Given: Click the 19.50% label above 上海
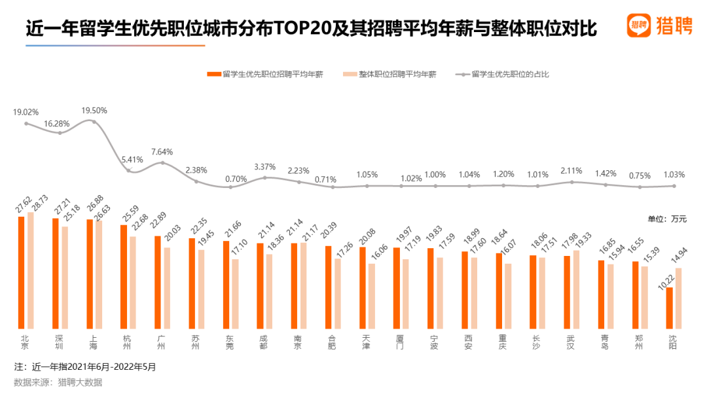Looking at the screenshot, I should click(x=94, y=111).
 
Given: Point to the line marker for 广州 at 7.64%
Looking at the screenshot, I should click(x=162, y=162).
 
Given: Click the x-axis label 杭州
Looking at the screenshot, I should click(x=128, y=342).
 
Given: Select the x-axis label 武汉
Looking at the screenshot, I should click(x=571, y=342).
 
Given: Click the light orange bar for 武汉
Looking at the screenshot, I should click(x=576, y=289).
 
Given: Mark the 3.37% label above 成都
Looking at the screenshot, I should click(x=264, y=166).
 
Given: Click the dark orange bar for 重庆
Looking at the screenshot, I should click(x=499, y=291).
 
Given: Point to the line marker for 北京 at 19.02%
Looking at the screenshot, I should click(x=26, y=123).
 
